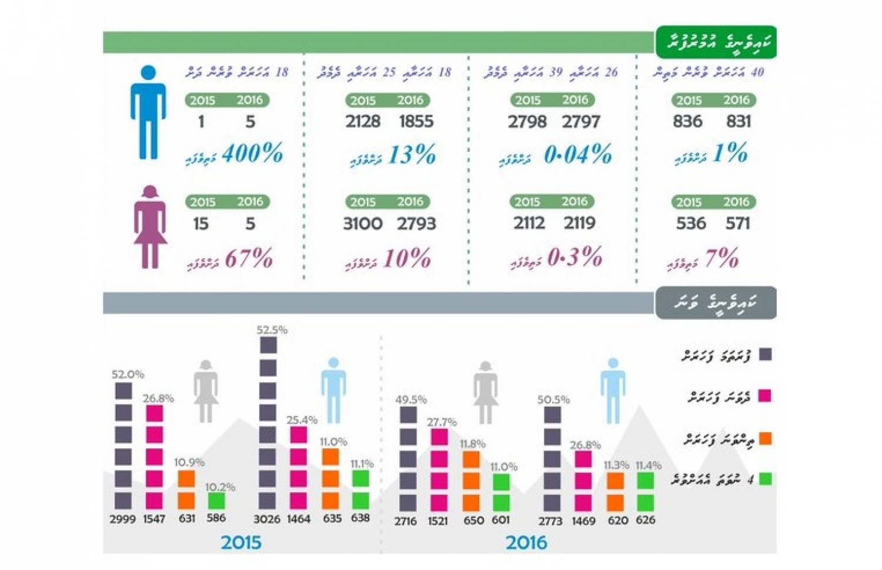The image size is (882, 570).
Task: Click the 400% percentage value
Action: pos(252,154)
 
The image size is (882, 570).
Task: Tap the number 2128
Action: pos(362,122)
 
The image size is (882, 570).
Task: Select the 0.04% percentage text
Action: pos(577,155)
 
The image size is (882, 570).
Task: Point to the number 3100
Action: pos(362,224)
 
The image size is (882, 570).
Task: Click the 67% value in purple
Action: pos(249,259)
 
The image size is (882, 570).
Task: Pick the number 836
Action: pos(687,122)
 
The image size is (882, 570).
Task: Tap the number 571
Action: pos(737,224)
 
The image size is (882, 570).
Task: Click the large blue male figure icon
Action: pos(148,112)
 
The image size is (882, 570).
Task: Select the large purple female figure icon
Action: pos(150,227)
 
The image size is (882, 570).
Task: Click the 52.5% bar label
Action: pos(272,330)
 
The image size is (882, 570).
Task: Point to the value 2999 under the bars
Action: pos(122,519)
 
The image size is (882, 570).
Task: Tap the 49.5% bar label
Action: pos(411,400)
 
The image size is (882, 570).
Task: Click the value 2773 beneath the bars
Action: pos(550,521)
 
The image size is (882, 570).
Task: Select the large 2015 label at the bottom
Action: pos(241,542)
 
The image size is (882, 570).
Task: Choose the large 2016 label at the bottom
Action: pos(526,542)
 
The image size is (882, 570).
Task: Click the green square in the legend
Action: pos(765,479)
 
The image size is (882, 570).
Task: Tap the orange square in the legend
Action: pos(765,438)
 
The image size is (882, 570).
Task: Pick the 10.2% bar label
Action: pos(220,487)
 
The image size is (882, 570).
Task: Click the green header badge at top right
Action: pos(716,42)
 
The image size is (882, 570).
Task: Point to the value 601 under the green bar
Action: pos(500,521)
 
